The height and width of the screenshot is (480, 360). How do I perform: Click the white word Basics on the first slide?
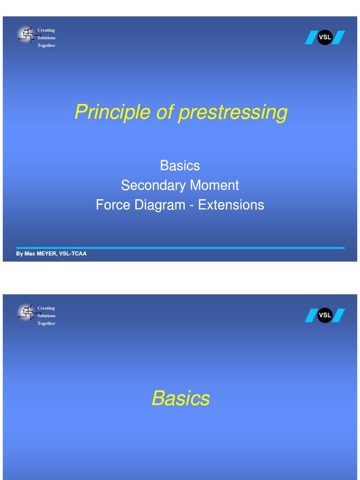(180, 165)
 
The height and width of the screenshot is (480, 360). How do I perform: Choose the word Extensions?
(231, 205)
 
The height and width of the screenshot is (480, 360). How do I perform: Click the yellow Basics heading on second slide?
(180, 398)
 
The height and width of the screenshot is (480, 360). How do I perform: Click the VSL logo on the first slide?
(324, 37)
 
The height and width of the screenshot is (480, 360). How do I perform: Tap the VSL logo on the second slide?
(324, 315)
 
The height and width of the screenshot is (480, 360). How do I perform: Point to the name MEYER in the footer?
(46, 254)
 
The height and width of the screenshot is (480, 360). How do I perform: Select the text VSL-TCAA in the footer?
(73, 254)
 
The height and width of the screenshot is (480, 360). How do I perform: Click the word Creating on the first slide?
(46, 30)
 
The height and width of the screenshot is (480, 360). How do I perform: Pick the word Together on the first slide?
(46, 45)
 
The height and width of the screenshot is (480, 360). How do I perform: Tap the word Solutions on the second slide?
(46, 316)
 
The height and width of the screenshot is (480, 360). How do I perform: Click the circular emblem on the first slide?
(27, 35)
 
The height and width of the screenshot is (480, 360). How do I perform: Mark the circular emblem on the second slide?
(27, 313)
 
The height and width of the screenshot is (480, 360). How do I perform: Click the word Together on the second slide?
(46, 323)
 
